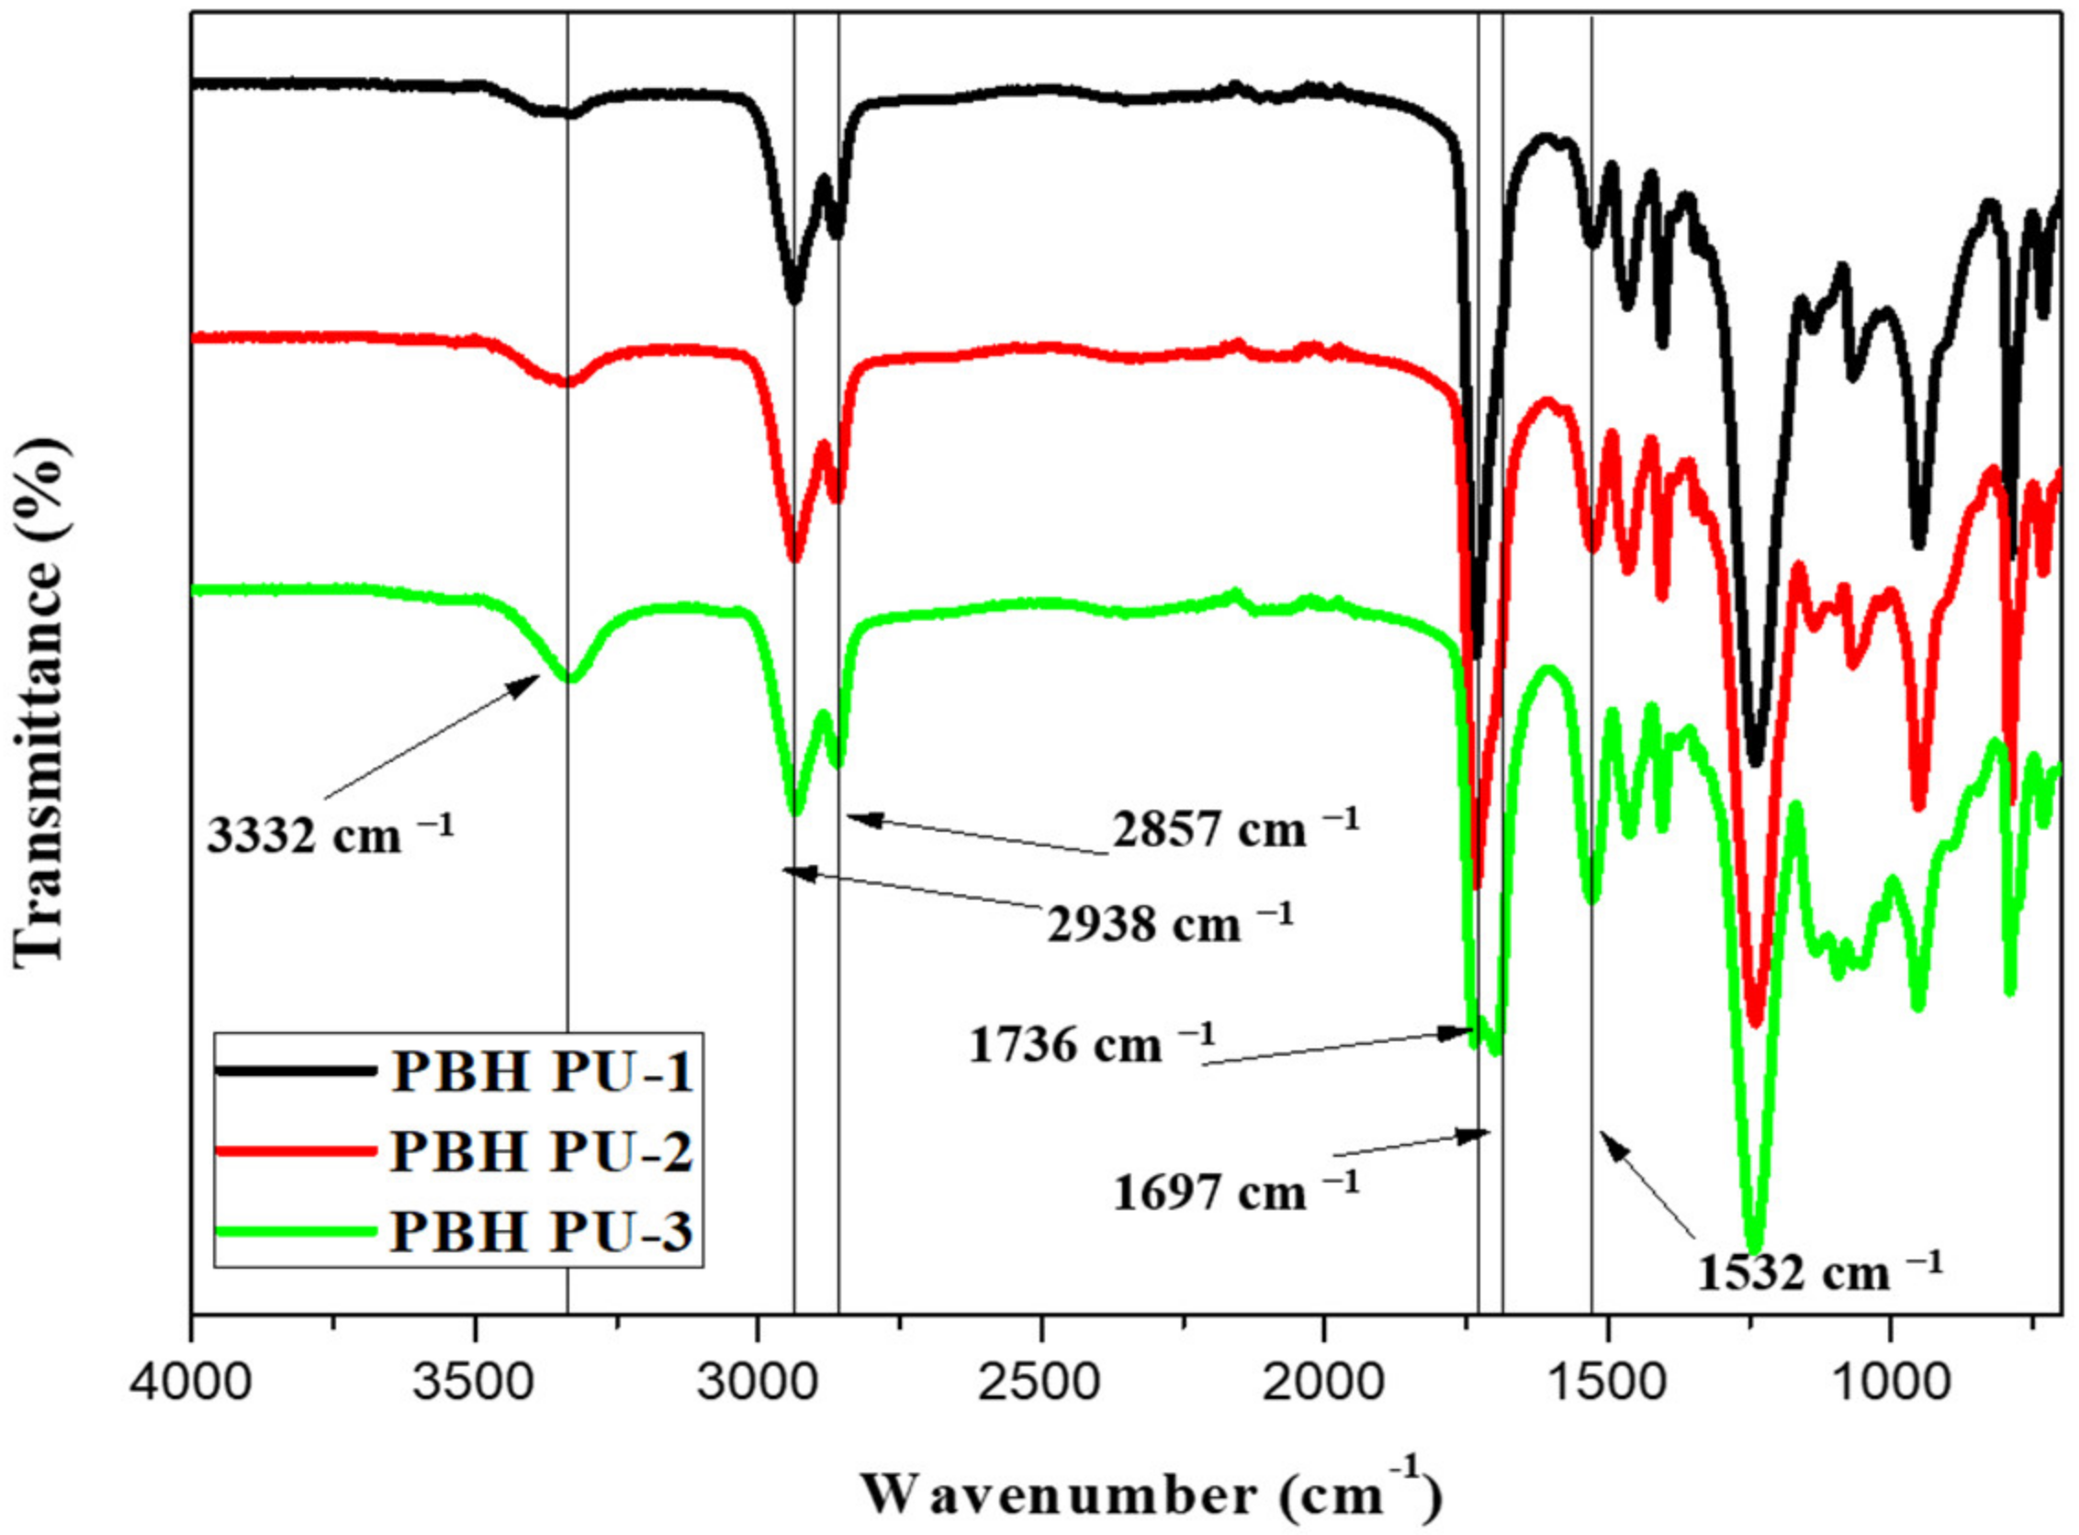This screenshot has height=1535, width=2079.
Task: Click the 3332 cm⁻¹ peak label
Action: point(330,835)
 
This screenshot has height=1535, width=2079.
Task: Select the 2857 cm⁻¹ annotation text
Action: point(1235,828)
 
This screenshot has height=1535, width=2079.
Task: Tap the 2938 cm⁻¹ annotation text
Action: point(1169,924)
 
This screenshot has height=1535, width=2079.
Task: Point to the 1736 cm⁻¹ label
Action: point(1091,1045)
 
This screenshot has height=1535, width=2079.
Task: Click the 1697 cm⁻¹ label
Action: point(1235,1192)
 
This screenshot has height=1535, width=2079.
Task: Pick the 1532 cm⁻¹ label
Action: point(1819,1272)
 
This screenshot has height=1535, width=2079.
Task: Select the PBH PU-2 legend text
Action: point(542,1151)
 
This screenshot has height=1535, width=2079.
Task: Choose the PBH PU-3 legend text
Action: point(542,1231)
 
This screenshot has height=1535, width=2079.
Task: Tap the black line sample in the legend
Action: point(296,1071)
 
